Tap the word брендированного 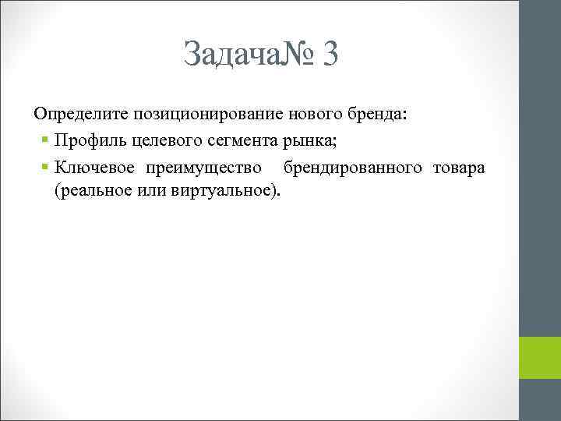[x=354, y=168]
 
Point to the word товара [x=460, y=168]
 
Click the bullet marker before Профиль [x=47, y=141]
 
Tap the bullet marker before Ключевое [x=47, y=168]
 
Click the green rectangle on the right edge [x=541, y=357]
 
